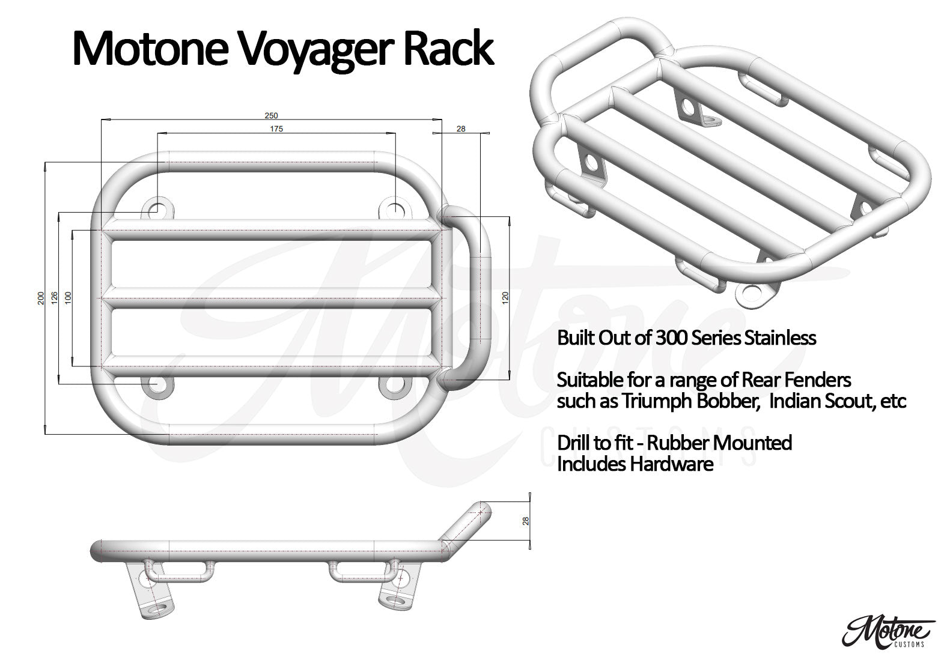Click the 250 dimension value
(271, 115)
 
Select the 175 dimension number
(276, 129)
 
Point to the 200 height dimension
(41, 298)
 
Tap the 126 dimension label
(54, 297)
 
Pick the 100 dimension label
(68, 297)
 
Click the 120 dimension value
(505, 298)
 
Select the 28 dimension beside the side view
(526, 521)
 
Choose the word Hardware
(671, 464)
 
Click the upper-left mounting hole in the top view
(157, 208)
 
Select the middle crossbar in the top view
(271, 298)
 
